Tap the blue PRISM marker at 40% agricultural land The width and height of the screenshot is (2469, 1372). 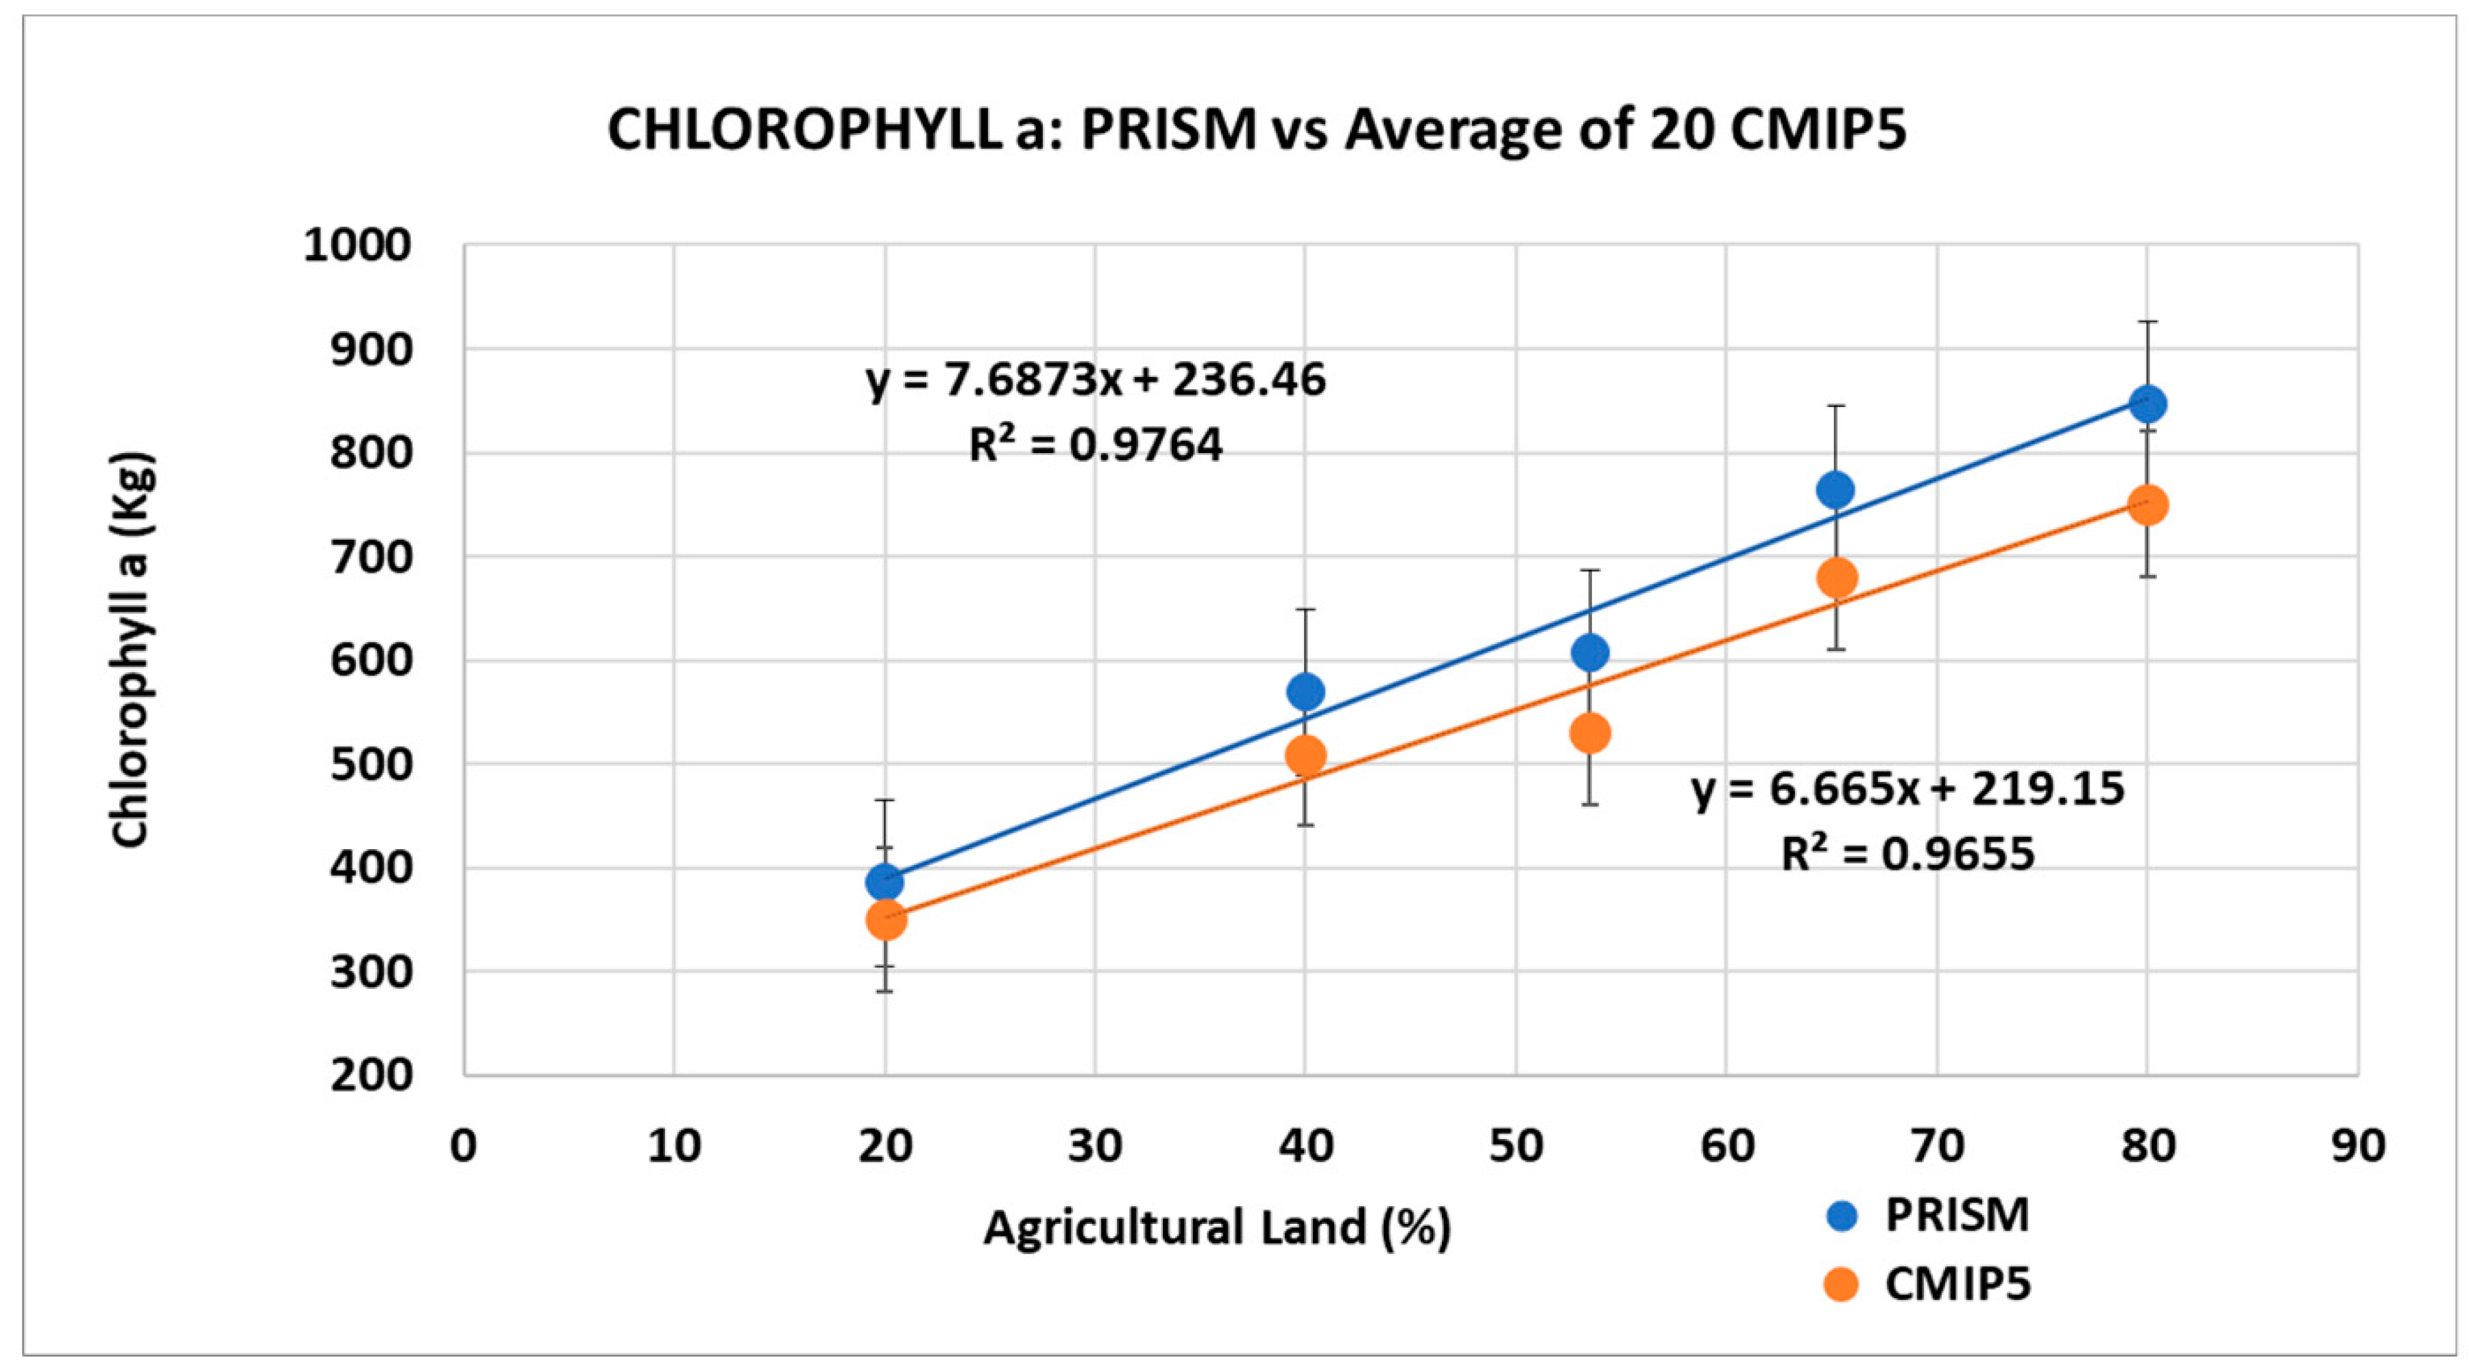(x=1305, y=691)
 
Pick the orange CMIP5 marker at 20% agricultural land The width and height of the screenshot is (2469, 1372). (x=886, y=920)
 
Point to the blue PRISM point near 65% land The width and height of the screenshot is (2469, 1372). (x=1835, y=489)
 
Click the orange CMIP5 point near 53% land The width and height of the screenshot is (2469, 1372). (x=1590, y=734)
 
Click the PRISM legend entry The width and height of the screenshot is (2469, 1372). (x=1955, y=1216)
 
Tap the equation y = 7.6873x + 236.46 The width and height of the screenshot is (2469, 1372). (x=1096, y=380)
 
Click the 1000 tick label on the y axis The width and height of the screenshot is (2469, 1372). (x=357, y=246)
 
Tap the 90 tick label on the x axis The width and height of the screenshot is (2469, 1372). (x=2358, y=1146)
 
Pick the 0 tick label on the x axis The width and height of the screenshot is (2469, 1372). (x=464, y=1146)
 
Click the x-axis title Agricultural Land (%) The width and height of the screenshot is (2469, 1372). (x=1217, y=1227)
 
